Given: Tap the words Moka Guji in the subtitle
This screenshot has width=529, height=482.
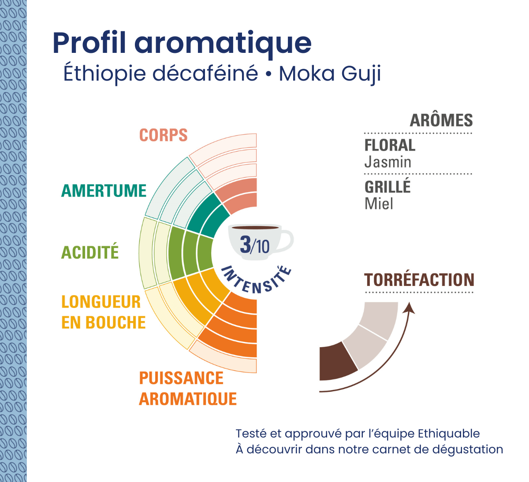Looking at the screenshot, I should click(x=330, y=74).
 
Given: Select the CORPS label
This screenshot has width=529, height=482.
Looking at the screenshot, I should click(x=164, y=135).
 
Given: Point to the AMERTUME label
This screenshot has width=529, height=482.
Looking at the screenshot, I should click(x=104, y=191).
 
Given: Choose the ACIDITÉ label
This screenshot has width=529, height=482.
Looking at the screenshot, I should click(x=90, y=252).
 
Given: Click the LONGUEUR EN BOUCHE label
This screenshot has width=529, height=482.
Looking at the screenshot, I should click(x=103, y=312).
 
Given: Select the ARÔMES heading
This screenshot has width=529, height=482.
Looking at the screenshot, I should click(x=441, y=120).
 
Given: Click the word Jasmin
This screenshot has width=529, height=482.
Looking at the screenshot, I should click(x=387, y=162).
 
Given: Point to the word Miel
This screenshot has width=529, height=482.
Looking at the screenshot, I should click(x=379, y=204).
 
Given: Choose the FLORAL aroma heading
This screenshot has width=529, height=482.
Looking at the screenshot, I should click(x=390, y=145).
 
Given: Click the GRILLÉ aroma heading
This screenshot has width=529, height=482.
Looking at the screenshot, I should click(x=387, y=187).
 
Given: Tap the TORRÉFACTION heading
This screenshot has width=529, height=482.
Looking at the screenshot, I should click(x=419, y=280).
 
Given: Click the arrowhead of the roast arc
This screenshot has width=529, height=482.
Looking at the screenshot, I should click(x=410, y=307).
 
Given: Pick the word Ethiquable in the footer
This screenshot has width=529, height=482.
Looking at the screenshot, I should click(x=448, y=434).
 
